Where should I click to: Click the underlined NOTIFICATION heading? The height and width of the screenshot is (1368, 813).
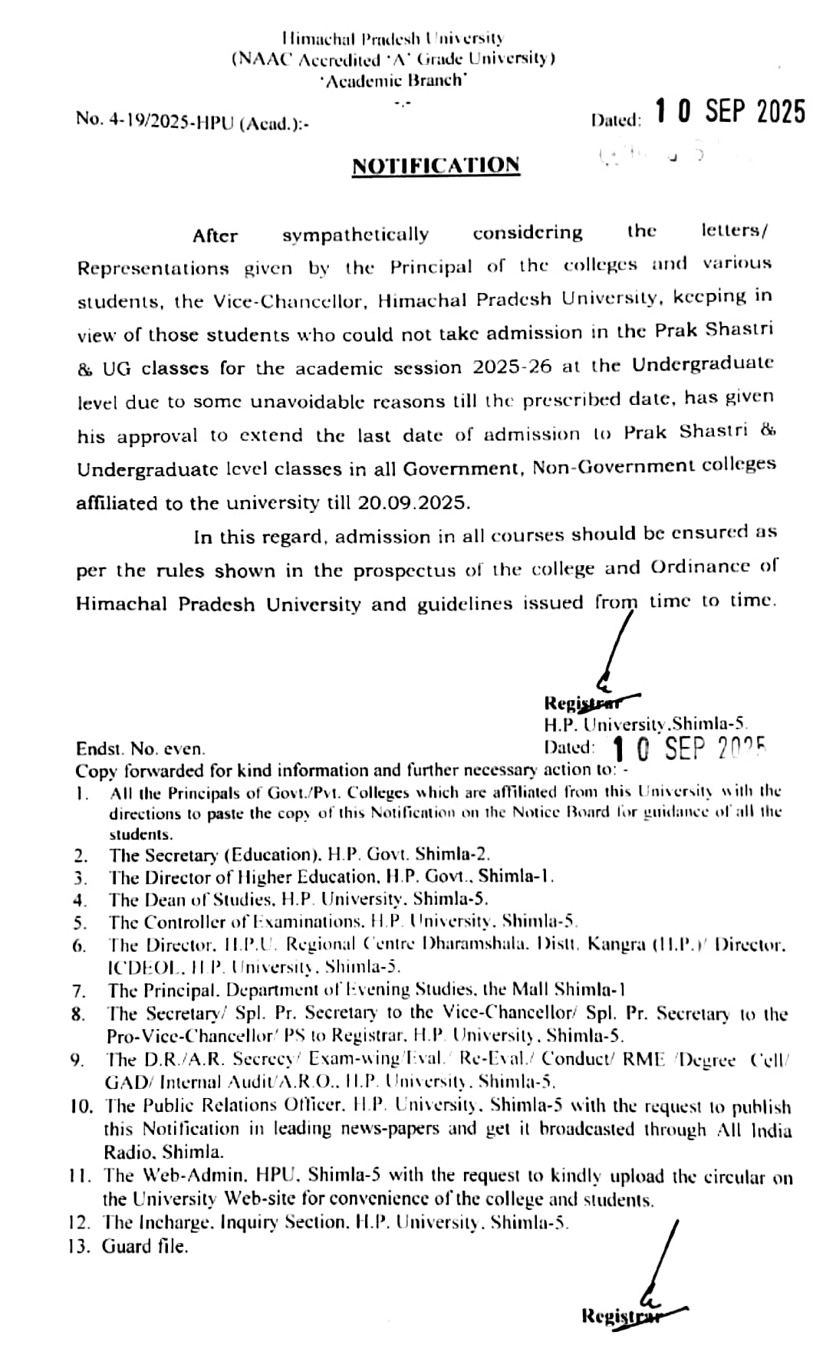(436, 166)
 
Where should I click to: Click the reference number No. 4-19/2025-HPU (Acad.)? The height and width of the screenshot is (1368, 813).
(193, 121)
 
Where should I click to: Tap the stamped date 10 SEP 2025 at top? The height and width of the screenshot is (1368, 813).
(729, 112)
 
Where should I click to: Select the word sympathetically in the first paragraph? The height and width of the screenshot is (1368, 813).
(355, 235)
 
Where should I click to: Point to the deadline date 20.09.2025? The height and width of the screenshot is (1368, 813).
(413, 503)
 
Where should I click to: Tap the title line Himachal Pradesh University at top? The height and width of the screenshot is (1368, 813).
(393, 38)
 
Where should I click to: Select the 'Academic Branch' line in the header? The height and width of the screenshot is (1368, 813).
(393, 81)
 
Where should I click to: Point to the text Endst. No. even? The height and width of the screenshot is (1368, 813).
(140, 749)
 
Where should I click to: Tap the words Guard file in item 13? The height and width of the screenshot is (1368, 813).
(145, 1247)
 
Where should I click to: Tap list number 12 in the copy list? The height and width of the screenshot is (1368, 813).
(79, 1224)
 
